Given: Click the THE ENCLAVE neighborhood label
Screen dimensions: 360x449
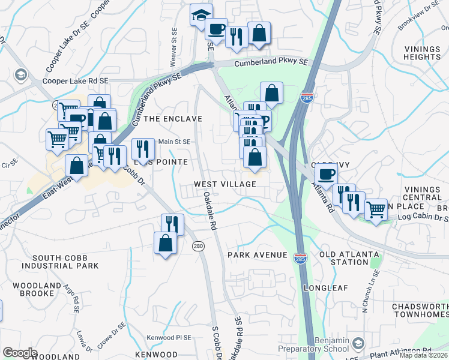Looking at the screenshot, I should [173, 119].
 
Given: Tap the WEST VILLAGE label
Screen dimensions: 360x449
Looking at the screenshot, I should [225, 184].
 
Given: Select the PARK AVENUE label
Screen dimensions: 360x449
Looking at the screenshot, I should [257, 255].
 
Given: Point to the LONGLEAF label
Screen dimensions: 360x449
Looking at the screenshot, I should [325, 288].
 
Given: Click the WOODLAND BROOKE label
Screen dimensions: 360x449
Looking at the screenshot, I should [37, 290].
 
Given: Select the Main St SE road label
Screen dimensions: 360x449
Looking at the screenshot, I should [174, 142].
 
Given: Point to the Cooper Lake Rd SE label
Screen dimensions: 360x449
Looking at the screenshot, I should [75, 81].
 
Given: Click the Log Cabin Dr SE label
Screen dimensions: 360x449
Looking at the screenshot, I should [418, 216].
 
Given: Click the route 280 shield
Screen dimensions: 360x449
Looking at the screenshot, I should [197, 246].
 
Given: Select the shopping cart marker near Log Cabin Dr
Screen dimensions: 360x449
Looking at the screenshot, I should [376, 210].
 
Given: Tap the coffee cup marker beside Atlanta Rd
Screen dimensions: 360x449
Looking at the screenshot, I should [326, 175].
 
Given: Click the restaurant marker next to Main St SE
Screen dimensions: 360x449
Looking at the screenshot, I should [143, 148].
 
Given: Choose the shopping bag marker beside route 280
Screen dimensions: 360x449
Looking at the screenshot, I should [165, 243].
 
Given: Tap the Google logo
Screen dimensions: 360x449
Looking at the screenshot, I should [20, 353].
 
